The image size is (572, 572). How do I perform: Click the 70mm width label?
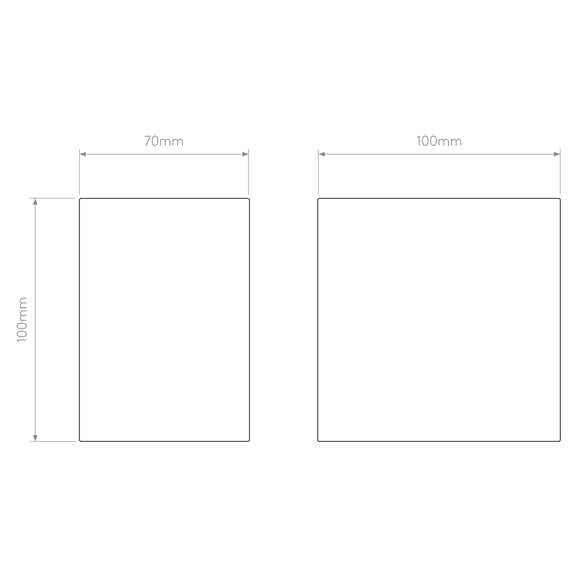[x=164, y=141]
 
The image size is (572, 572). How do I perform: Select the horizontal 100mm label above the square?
[x=439, y=141]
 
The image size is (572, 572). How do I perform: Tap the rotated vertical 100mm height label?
[x=22, y=320]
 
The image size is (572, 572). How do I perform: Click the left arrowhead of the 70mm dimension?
[x=83, y=154]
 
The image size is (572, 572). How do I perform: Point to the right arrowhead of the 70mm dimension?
[x=246, y=154]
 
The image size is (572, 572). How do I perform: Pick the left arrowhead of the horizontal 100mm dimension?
[x=322, y=154]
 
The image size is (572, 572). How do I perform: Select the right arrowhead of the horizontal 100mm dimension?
[x=557, y=154]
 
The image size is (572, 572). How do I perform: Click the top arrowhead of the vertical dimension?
[x=35, y=202]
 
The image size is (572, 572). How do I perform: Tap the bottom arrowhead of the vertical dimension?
[x=35, y=438]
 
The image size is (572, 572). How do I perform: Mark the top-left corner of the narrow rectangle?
[x=79, y=199]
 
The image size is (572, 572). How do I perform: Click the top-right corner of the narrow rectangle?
[x=249, y=199]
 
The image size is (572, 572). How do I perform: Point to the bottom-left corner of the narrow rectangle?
[x=79, y=441]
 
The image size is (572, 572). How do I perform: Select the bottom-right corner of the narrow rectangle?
[x=249, y=441]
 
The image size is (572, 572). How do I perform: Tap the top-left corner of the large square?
[x=318, y=199]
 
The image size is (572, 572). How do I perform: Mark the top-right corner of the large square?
[x=560, y=199]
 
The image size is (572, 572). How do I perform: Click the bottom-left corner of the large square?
[x=318, y=441]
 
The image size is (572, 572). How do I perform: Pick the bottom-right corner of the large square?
[x=560, y=441]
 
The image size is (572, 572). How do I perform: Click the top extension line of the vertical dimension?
[x=53, y=198]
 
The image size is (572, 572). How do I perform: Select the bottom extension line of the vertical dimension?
[x=53, y=441]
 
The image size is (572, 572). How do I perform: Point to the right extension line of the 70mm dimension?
[x=249, y=171]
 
